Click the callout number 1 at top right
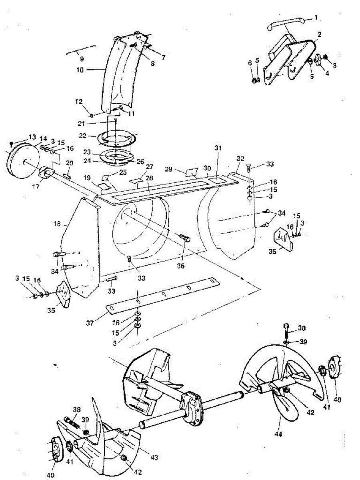click(x=316, y=18)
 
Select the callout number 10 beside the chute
click(x=80, y=70)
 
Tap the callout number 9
click(x=82, y=59)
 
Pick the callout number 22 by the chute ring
click(x=83, y=136)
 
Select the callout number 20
click(x=70, y=164)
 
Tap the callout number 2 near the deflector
click(x=319, y=35)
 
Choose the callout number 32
click(x=240, y=159)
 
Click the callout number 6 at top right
click(x=250, y=63)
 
